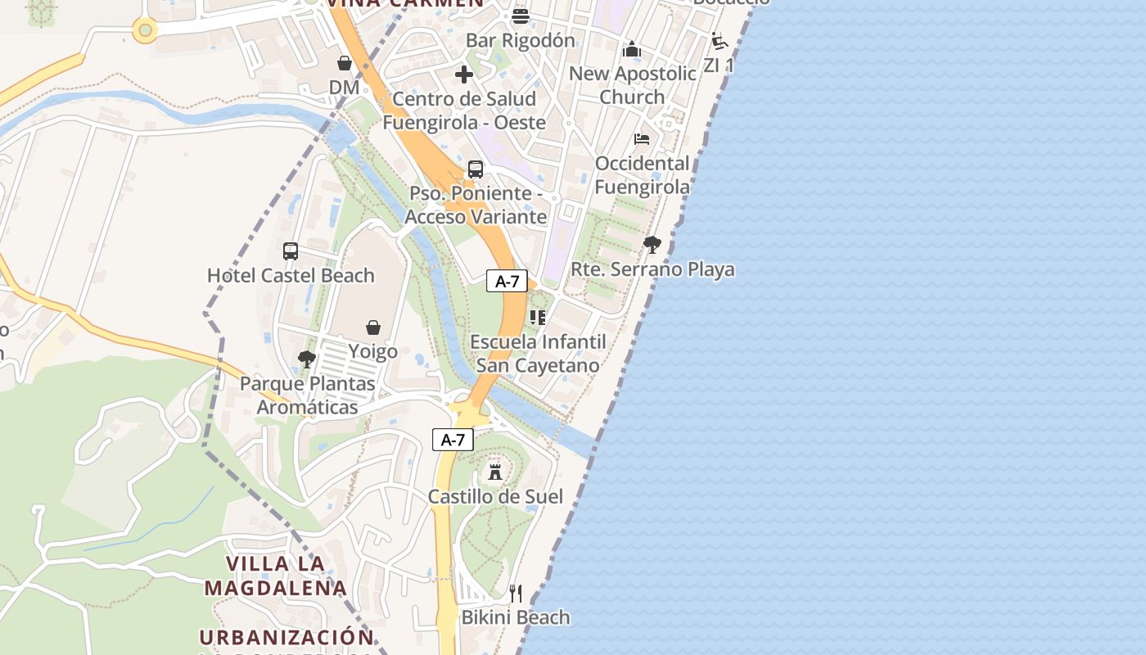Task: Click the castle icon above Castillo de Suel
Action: click(495, 472)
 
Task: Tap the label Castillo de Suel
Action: click(495, 496)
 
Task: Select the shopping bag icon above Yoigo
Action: click(373, 327)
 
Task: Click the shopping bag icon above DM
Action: click(345, 63)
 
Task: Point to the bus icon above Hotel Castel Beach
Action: click(291, 251)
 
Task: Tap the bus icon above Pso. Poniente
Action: click(476, 169)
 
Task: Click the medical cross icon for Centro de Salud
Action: click(464, 75)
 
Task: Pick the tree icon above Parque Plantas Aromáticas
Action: click(307, 359)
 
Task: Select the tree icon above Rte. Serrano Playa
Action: click(652, 244)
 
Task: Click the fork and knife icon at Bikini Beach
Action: click(516, 593)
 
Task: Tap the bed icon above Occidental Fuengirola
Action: click(642, 139)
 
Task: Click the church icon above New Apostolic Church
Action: click(632, 49)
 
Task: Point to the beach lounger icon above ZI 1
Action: click(720, 41)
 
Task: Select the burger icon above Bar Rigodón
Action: click(521, 16)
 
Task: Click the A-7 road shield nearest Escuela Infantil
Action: click(507, 282)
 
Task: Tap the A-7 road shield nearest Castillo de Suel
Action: click(453, 440)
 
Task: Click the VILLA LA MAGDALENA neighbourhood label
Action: click(276, 576)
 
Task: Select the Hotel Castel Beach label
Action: click(291, 275)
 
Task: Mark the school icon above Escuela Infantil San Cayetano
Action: click(538, 317)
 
